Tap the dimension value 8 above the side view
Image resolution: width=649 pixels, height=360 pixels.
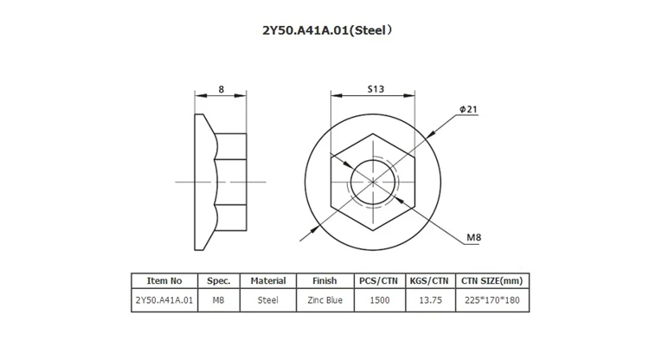[x=222, y=88]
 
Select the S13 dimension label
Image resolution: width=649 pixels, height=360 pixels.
[x=376, y=88]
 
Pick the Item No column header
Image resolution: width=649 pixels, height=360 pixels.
[x=164, y=280]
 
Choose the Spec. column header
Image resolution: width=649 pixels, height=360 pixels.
[x=218, y=280]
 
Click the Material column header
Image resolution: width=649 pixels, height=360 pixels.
[x=268, y=280]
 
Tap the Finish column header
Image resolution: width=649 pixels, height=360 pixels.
[x=323, y=280]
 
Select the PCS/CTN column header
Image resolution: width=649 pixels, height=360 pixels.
[x=378, y=280]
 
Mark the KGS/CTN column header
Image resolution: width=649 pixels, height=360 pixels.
[x=428, y=280]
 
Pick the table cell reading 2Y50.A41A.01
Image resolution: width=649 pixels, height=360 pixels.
[x=164, y=298]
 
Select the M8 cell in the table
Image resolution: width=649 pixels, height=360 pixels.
[x=218, y=298]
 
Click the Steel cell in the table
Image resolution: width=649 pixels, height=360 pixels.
[x=268, y=298]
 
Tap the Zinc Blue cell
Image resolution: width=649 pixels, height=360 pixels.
[x=323, y=298]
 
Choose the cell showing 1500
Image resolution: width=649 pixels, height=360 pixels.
[x=378, y=298]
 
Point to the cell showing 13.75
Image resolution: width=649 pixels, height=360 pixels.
[x=428, y=298]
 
